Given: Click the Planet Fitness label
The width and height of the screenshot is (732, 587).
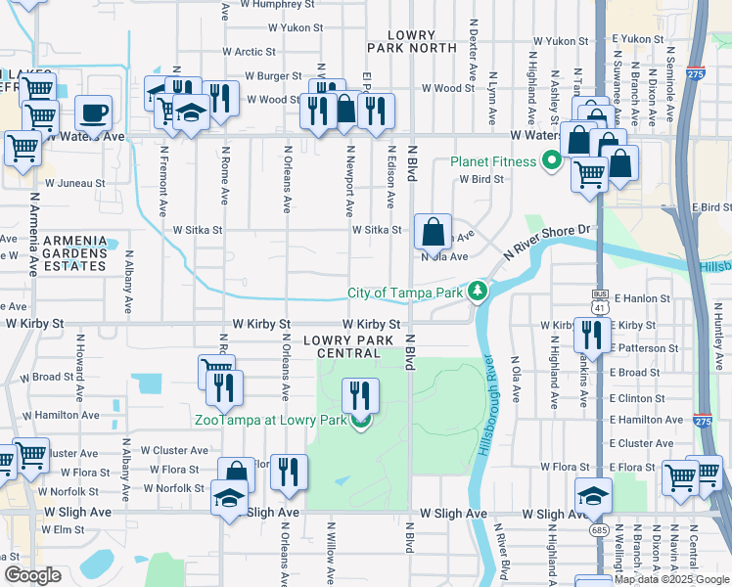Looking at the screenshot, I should (x=493, y=161).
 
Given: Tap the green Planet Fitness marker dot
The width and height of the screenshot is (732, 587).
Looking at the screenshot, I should (x=552, y=161).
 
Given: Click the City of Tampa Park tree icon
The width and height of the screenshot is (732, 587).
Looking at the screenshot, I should (x=477, y=291).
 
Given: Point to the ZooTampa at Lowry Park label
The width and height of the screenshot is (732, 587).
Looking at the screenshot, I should (x=270, y=421).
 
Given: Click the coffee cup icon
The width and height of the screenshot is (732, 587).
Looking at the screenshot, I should (x=93, y=113).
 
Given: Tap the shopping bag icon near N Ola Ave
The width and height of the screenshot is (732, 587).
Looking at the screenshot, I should (x=433, y=233).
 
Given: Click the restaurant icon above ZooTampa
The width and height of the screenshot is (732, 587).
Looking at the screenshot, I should (x=360, y=396).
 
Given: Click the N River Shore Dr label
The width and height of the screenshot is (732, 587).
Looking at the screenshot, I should (x=550, y=240).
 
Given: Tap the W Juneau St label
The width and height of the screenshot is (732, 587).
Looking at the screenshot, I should (x=75, y=183).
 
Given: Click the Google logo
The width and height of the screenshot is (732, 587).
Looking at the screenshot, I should (x=32, y=574).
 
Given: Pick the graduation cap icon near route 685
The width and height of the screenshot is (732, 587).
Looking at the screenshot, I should (x=593, y=495).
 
